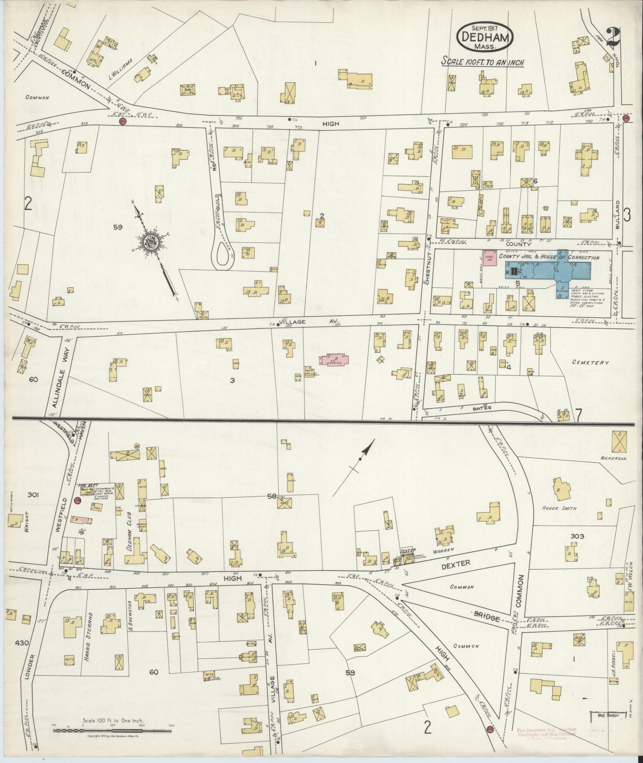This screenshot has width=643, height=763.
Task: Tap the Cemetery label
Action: [590, 363]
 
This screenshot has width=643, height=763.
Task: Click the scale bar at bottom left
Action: [112, 731]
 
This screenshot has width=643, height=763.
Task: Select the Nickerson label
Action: [613, 458]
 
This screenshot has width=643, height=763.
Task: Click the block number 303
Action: [577, 536]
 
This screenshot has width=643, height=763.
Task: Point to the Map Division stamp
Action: [605, 716]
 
